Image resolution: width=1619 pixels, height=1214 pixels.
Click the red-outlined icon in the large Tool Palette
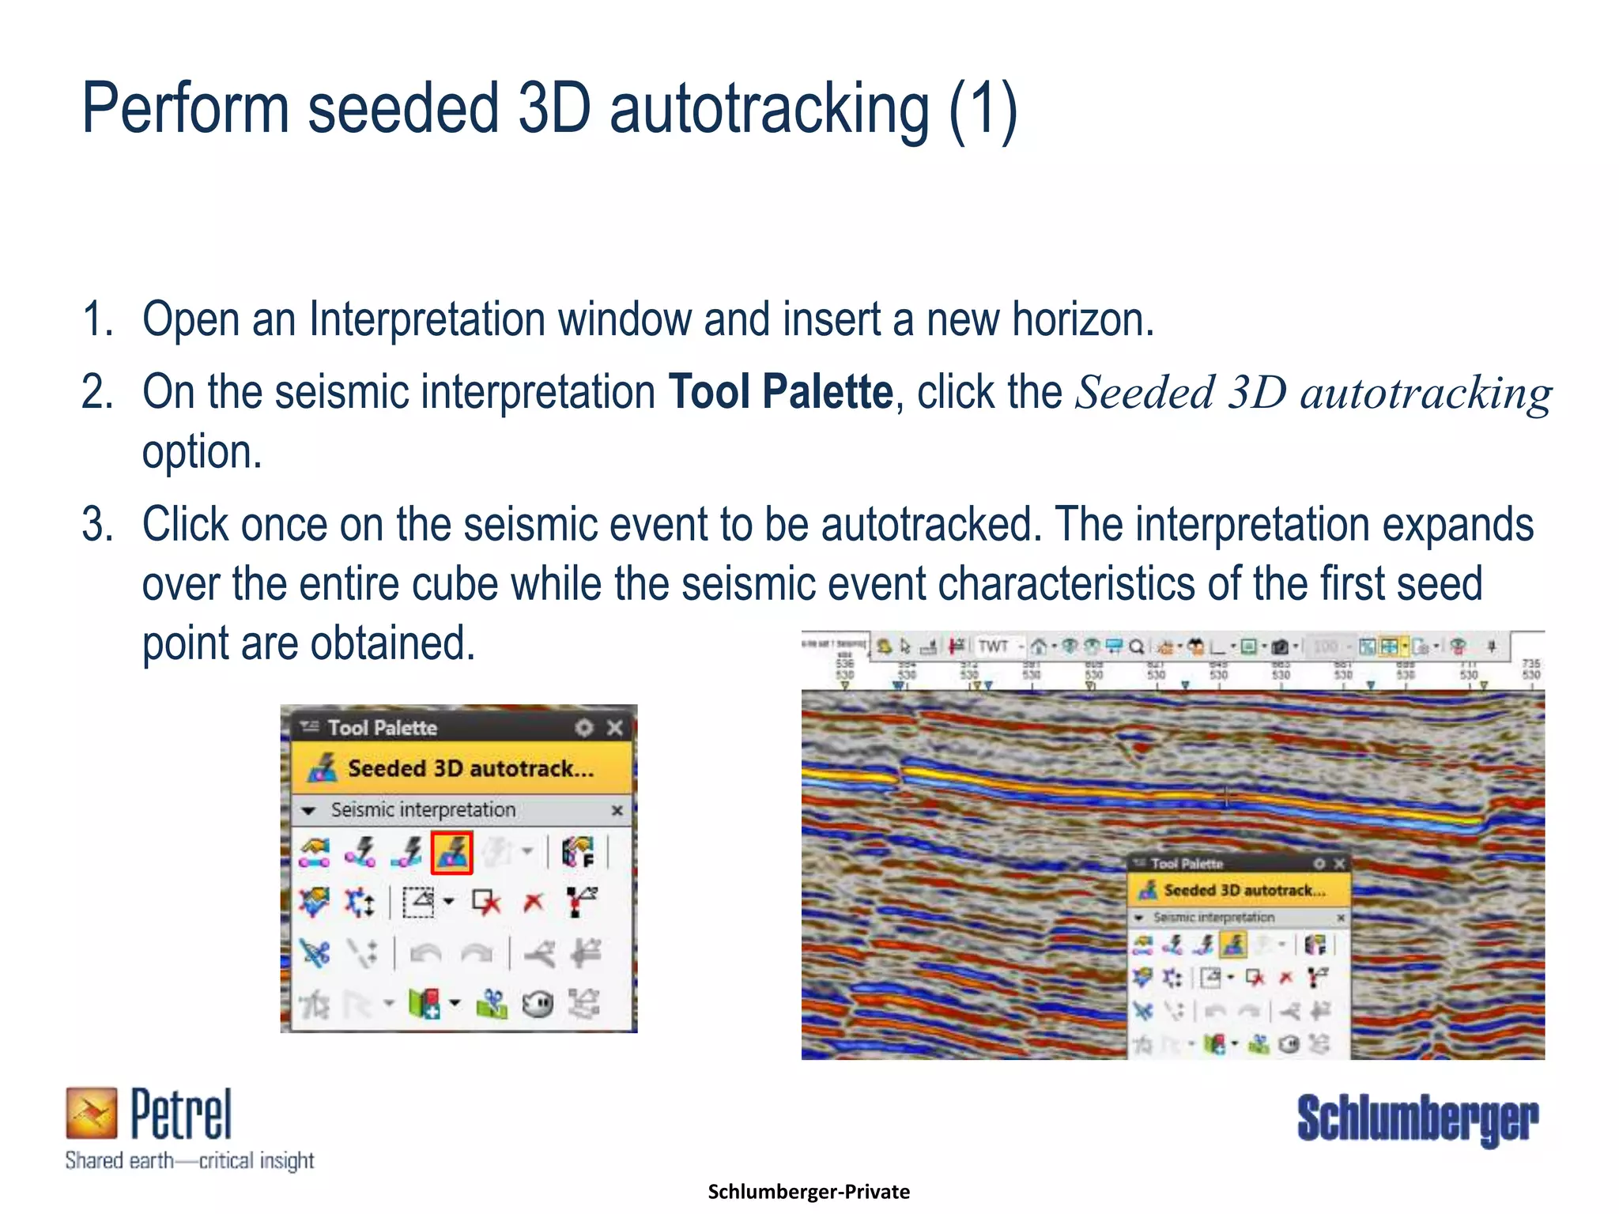click(x=451, y=852)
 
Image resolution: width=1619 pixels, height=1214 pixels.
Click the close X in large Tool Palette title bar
click(x=614, y=728)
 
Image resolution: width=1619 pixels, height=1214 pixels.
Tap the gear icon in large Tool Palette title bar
click(x=583, y=728)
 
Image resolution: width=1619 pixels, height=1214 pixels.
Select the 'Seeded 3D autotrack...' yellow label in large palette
click(x=470, y=768)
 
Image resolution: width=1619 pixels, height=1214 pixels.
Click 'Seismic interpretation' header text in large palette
click(x=423, y=810)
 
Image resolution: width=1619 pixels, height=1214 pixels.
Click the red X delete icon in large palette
click(x=534, y=902)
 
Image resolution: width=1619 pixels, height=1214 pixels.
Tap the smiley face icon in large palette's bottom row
click(x=538, y=1005)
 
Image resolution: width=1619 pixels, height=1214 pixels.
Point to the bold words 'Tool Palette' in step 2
click(x=780, y=392)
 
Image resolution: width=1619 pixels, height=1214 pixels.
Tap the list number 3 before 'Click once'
click(x=96, y=525)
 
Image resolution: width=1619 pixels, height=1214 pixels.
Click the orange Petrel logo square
click(x=91, y=1112)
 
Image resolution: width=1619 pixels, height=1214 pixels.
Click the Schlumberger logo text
click(x=1417, y=1118)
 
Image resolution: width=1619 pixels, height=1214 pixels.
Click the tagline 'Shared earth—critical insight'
click(x=190, y=1161)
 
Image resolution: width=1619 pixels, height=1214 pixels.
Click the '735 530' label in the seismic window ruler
click(x=1530, y=669)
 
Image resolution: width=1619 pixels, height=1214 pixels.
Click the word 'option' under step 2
click(x=201, y=452)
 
